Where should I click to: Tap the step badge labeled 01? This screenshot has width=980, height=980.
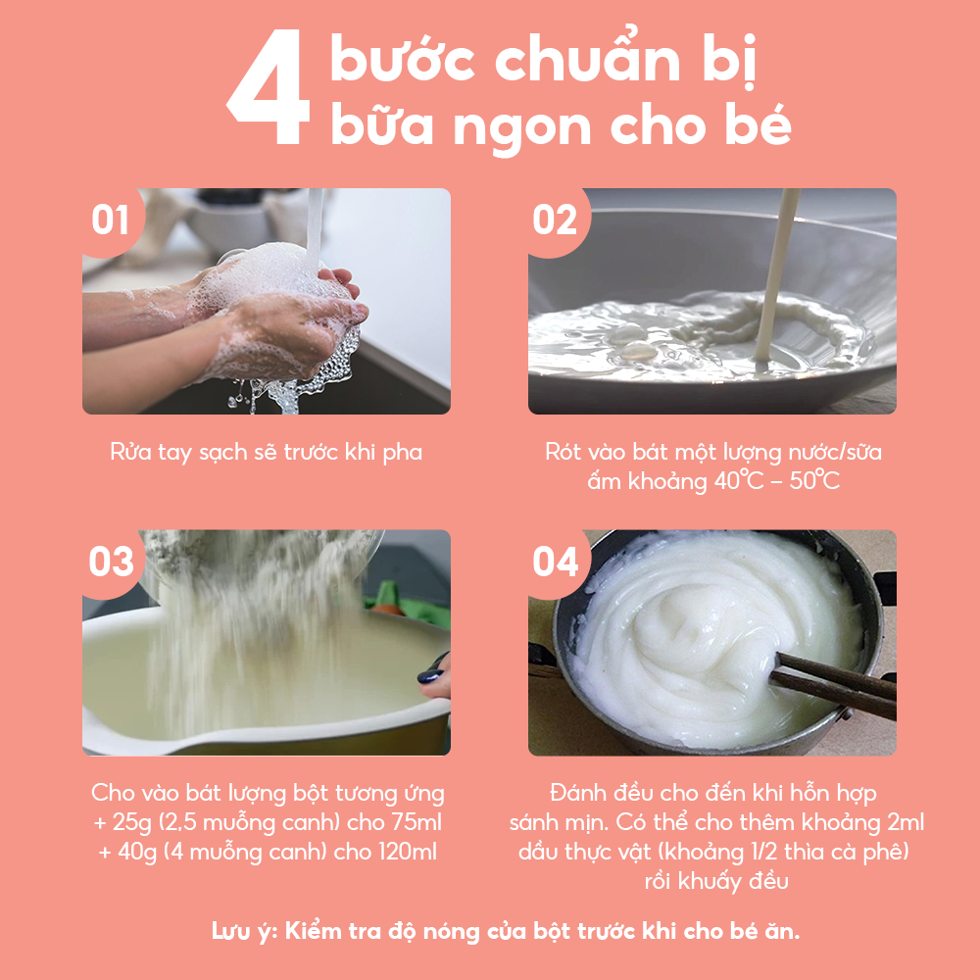[x=111, y=220]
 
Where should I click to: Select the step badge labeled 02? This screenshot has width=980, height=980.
[x=555, y=220]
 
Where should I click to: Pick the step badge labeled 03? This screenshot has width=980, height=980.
[x=111, y=563]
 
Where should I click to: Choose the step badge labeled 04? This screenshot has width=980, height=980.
[x=556, y=563]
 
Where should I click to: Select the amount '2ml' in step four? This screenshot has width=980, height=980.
[x=903, y=821]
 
